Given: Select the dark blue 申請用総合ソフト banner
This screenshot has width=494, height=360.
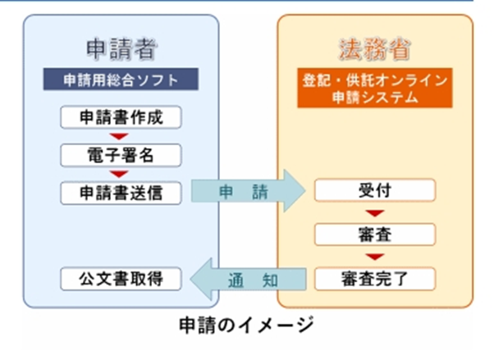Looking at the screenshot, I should (x=121, y=80).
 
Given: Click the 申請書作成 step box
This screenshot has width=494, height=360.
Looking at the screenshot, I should (x=121, y=117).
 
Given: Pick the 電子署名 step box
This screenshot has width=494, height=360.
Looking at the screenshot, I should (x=121, y=154).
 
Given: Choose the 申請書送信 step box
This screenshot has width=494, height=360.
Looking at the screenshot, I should (x=121, y=192).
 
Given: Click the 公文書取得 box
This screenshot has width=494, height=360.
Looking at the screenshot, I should (x=121, y=279).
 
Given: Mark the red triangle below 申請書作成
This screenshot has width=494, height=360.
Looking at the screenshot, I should (x=121, y=136).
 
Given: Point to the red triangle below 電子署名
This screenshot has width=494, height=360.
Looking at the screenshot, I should (x=121, y=174).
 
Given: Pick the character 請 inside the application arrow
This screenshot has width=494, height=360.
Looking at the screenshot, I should (x=259, y=192).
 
